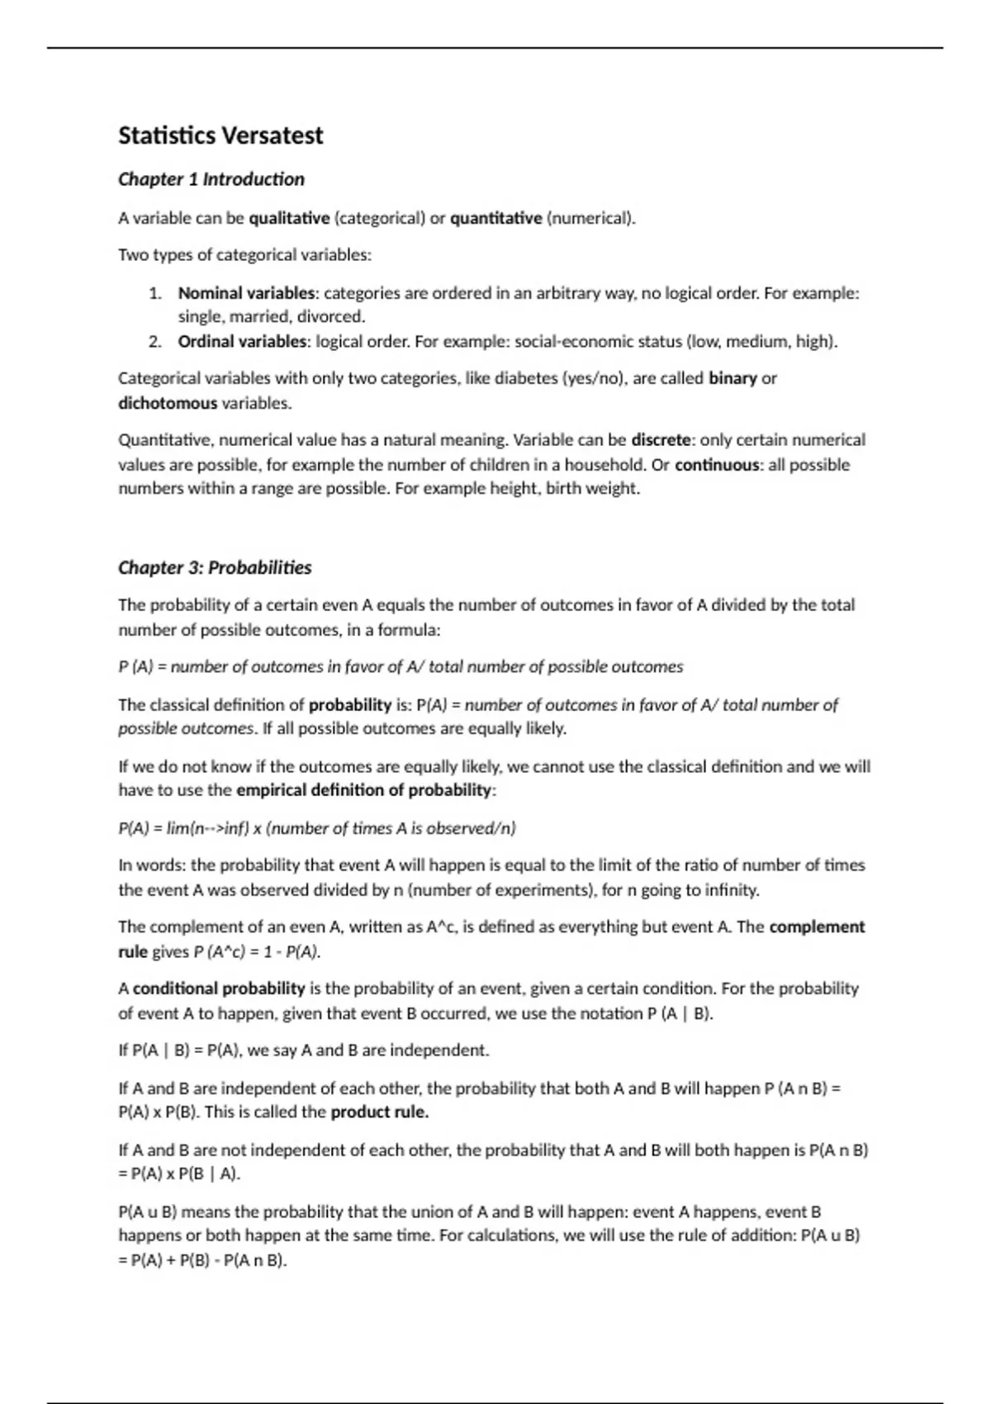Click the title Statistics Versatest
(220, 135)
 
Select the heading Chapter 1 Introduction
(211, 179)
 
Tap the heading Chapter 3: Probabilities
(215, 567)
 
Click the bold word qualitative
(289, 218)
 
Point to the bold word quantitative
(496, 218)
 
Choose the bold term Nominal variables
(247, 293)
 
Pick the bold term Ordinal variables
(242, 341)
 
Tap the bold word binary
(733, 378)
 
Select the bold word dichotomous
(168, 403)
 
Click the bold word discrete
(661, 439)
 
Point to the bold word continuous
(717, 464)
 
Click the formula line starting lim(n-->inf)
(317, 828)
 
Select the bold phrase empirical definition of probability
(363, 790)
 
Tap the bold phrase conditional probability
(219, 988)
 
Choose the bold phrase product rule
(379, 1112)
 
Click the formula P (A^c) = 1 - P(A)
(257, 951)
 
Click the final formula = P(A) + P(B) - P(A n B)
(202, 1260)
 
